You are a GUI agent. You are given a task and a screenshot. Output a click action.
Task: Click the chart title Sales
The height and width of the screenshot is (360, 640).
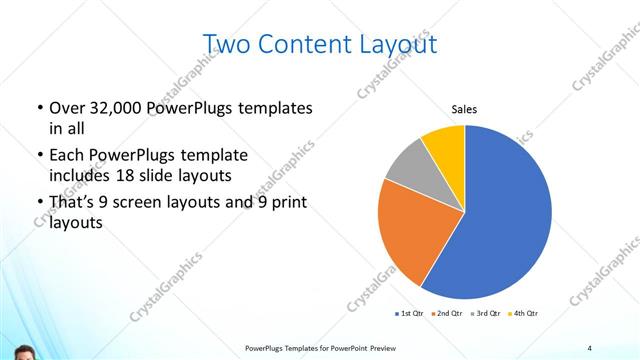[464, 109]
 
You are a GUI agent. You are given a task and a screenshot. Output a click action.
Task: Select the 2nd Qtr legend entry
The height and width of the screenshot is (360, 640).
[446, 314]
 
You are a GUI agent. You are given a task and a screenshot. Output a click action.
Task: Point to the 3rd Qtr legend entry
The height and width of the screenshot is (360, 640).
[485, 314]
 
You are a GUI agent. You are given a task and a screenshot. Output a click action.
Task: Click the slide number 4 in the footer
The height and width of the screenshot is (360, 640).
[590, 347]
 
